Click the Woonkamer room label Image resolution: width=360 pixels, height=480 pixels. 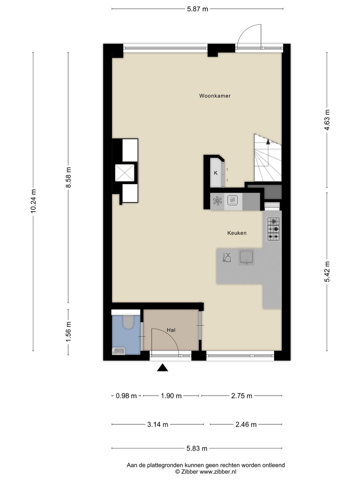tap(215, 96)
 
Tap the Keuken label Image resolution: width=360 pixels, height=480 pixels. tap(237, 233)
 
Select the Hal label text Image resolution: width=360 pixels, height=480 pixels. tap(171, 330)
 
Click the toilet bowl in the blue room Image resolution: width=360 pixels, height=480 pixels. tap(128, 322)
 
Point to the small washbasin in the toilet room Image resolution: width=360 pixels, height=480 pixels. tap(118, 351)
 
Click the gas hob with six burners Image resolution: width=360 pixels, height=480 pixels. tap(273, 229)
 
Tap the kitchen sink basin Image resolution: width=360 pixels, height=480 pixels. tap(246, 257)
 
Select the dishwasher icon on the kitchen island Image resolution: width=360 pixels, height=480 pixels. tap(227, 257)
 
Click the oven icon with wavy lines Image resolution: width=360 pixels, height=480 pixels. tap(233, 200)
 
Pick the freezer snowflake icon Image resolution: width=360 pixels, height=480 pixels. tap(217, 201)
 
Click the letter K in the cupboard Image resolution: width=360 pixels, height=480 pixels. tap(216, 173)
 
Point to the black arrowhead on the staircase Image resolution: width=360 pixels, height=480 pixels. tap(268, 142)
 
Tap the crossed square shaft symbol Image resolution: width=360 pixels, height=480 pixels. tap(125, 173)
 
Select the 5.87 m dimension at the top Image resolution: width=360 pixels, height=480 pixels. tap(197, 9)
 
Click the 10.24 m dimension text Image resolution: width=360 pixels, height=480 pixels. tap(33, 201)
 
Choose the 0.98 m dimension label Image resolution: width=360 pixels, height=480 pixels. tap(126, 396)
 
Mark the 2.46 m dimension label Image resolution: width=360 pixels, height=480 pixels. tap(246, 425)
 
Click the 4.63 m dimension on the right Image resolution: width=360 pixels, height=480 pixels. tap(327, 120)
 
